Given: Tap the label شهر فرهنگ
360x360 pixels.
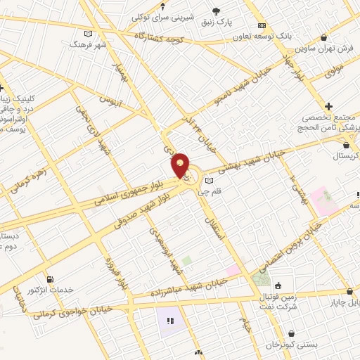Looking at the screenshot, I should tap(86, 44).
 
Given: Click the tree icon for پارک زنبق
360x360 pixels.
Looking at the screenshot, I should tap(216, 11).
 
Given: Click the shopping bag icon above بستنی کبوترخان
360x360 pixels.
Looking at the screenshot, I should tap(292, 334).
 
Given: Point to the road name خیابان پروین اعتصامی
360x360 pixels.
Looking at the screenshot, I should tap(295, 246).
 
